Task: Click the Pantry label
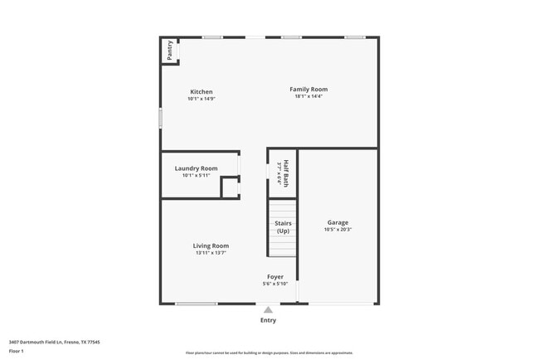click(x=170, y=50)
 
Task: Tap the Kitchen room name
click(x=202, y=92)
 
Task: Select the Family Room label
click(x=308, y=89)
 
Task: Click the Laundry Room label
click(x=197, y=168)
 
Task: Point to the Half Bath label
click(x=285, y=170)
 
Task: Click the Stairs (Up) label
click(x=283, y=226)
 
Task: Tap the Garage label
click(x=337, y=222)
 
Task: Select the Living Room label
click(x=211, y=246)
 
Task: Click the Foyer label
click(x=275, y=277)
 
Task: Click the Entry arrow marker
click(x=268, y=309)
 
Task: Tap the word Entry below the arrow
click(x=268, y=320)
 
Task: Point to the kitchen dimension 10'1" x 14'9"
click(x=202, y=99)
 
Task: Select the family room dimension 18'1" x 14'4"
click(x=308, y=96)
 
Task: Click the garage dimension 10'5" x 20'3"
click(x=337, y=230)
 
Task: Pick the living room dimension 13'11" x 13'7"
click(x=211, y=253)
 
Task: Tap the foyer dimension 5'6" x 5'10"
click(x=275, y=285)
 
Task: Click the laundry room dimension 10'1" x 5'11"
click(x=197, y=175)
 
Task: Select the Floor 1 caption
click(x=16, y=352)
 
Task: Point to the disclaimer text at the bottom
click(x=269, y=352)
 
